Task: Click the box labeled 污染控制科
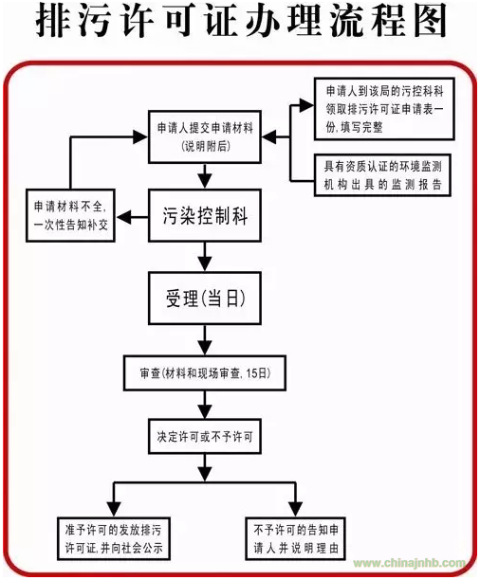point(205,215)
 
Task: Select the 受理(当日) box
point(205,299)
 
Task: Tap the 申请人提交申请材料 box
point(205,136)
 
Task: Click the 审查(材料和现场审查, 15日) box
point(205,372)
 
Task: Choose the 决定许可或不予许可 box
point(205,437)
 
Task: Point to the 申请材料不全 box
point(70,215)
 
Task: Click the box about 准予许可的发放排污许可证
point(114,538)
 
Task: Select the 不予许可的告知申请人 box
point(296,538)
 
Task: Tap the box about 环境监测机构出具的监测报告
point(382,175)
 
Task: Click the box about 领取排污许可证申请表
point(384,109)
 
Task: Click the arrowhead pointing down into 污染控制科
point(205,180)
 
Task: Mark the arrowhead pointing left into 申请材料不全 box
point(124,217)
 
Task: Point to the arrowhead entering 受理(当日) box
point(205,263)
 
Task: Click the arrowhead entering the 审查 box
point(205,348)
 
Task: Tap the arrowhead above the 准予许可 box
point(114,509)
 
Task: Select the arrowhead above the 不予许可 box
point(296,509)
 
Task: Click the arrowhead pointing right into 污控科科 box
point(305,105)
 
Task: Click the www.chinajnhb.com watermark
point(409,563)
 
